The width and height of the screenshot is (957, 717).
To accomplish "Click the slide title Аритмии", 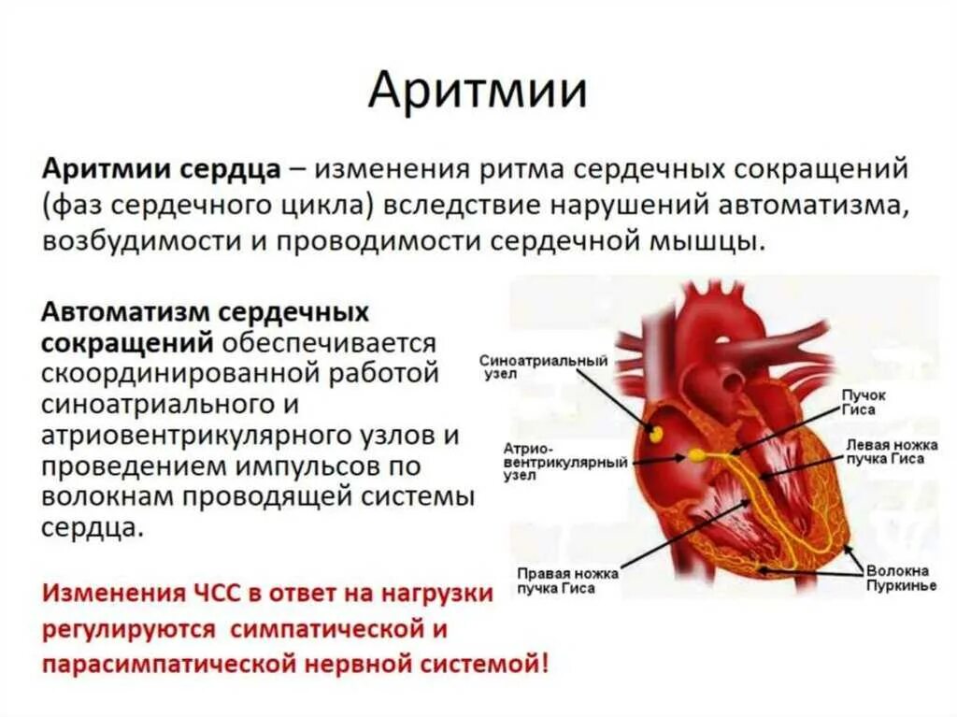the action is point(477,92).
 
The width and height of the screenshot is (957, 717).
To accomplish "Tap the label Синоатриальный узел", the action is point(543,366).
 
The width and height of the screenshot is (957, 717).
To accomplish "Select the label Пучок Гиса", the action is point(864,402).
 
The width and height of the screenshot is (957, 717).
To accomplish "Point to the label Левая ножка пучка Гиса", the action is point(886,452).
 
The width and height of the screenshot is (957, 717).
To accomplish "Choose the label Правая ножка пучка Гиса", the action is point(558,581).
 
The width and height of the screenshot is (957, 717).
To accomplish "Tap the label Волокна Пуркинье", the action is point(896,578).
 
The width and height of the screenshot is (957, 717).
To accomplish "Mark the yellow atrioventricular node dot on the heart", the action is point(696,455).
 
